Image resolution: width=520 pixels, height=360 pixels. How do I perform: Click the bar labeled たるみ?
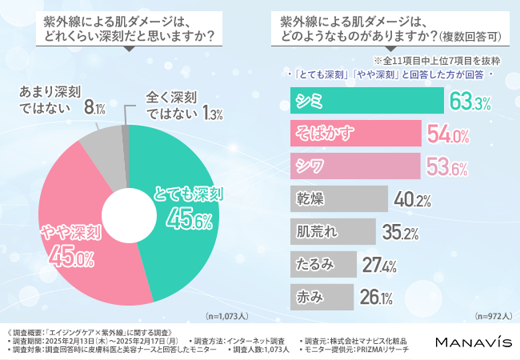tap(321, 263)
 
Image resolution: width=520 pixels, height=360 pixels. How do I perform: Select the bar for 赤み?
tap(319, 296)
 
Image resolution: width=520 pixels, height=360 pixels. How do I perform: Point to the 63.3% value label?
tap(470, 102)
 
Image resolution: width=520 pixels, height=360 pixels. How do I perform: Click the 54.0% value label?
tap(450, 134)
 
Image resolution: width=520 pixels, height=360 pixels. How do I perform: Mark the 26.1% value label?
tap(375, 297)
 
